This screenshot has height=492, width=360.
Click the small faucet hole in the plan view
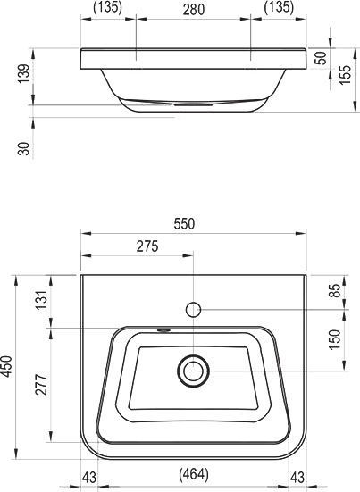(x=193, y=309)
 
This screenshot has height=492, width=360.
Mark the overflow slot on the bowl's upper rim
(x=163, y=329)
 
